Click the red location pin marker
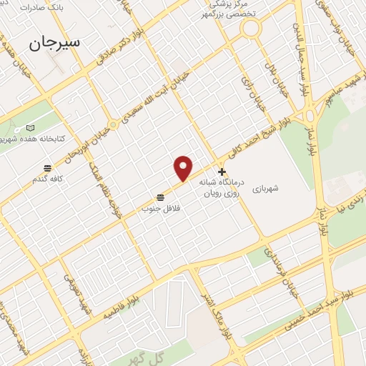(x=184, y=167)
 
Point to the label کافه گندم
(x=48, y=178)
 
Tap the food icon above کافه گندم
(x=48, y=168)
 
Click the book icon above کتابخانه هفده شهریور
(x=30, y=127)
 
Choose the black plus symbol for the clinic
(x=222, y=172)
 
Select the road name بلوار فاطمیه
(x=121, y=309)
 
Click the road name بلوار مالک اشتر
(x=219, y=312)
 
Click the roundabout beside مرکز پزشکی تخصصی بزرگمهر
(x=251, y=29)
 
